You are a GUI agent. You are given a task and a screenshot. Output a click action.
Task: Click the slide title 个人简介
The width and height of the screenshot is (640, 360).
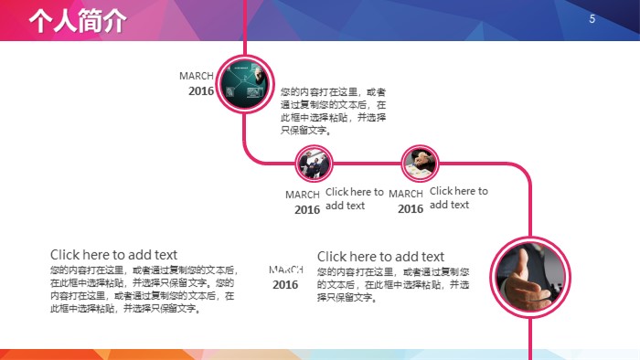(77, 22)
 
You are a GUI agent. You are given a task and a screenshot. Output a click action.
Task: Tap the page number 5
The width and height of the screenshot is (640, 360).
(592, 19)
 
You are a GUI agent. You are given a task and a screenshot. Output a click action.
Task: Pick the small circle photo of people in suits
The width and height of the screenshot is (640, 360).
(314, 164)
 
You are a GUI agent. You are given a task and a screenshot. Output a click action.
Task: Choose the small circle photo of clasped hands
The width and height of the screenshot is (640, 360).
(421, 164)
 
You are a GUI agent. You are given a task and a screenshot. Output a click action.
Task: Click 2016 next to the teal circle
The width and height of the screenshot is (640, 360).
(201, 91)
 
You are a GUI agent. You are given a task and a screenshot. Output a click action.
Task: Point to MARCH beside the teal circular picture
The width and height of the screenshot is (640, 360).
(197, 76)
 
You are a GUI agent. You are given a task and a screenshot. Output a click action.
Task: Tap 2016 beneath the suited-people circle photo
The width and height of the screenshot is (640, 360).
(307, 209)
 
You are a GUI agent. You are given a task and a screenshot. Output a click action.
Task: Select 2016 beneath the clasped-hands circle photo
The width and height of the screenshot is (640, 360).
(411, 209)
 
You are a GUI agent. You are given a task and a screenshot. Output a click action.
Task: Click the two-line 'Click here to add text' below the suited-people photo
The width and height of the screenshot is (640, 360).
(355, 198)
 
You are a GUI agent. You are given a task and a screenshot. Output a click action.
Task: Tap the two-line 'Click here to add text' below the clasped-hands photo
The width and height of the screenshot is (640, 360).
(459, 197)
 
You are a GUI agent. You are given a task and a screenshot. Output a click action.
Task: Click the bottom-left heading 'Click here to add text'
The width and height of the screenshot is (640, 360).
(113, 254)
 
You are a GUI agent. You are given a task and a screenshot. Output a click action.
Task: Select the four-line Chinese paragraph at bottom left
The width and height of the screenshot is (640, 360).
(143, 289)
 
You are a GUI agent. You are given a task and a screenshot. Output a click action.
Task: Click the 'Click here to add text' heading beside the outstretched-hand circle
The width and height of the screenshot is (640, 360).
(380, 257)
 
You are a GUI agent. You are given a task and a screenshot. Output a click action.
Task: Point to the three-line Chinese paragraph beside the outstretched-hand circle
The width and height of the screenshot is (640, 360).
(394, 285)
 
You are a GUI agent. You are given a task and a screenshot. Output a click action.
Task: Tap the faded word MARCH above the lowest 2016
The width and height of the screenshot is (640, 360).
(286, 270)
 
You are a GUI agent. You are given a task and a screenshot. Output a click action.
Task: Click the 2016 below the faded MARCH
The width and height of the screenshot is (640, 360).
(285, 284)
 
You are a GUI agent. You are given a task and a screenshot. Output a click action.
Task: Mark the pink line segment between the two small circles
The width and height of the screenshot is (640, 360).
(368, 164)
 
